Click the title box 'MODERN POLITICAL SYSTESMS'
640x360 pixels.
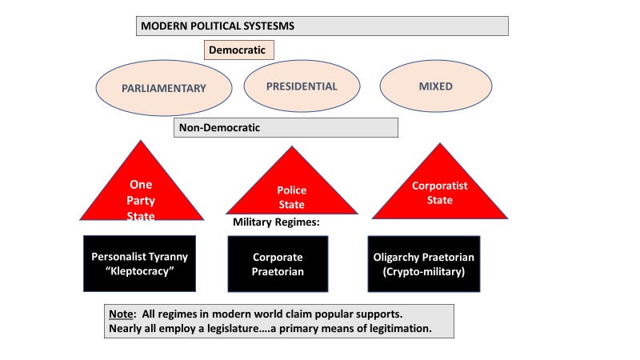coord(322,26)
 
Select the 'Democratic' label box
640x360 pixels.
coord(239,50)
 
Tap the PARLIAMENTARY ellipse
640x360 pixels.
coord(163,88)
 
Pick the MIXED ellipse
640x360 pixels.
coord(435,86)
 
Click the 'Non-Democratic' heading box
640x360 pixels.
coord(286,127)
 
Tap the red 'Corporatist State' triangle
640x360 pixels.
coord(440,192)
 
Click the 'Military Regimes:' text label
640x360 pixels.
coord(276,222)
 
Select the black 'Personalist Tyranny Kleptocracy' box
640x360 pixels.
coord(139,265)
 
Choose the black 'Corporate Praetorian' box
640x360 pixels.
coord(278,265)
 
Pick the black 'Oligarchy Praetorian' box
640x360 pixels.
coord(424,265)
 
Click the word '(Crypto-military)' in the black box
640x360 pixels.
coord(424,272)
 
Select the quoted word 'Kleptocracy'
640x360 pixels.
coord(139,272)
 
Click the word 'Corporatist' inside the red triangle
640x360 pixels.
coord(440,186)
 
